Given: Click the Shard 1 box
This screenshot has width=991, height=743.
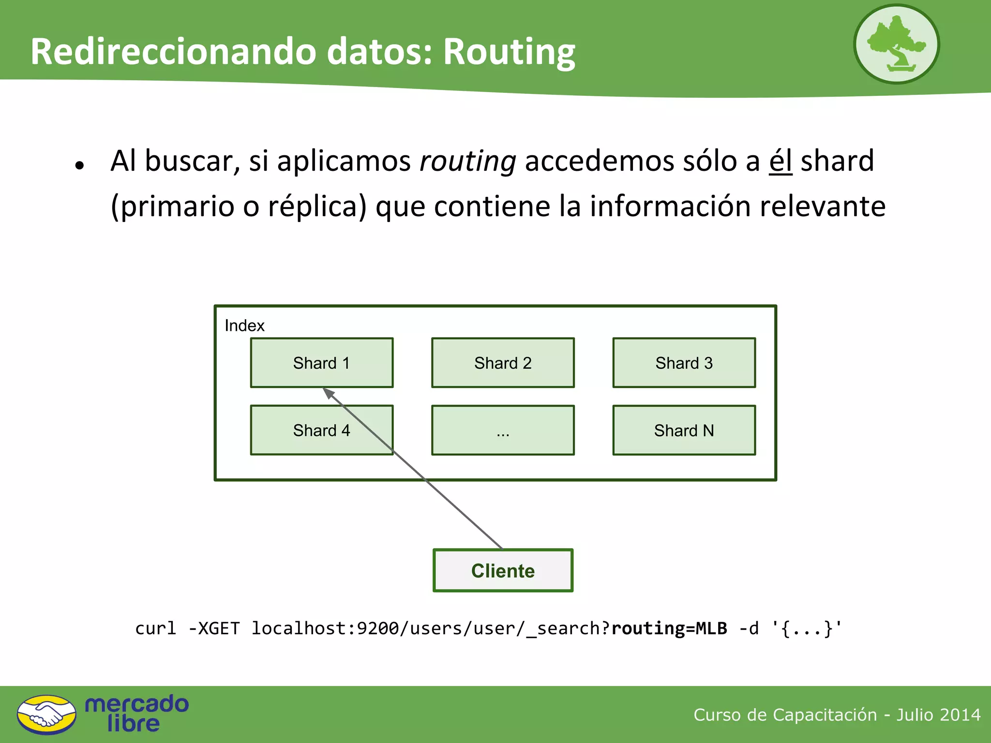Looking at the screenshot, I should click(x=321, y=363).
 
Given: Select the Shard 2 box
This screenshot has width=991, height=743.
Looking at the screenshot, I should click(x=503, y=363).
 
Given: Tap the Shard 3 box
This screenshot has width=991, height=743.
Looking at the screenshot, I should click(x=684, y=363).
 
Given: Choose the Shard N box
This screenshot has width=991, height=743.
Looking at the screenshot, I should click(x=684, y=430).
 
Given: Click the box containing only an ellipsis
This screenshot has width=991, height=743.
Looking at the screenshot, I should click(x=503, y=430).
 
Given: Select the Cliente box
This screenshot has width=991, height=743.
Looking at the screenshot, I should click(x=503, y=570).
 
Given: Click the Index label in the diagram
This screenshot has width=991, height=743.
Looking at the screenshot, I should click(x=244, y=326).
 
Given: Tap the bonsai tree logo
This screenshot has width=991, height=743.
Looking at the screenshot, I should click(x=896, y=45).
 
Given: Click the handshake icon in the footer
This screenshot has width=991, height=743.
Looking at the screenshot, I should click(x=46, y=714).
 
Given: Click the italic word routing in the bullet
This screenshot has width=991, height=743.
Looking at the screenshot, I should click(x=467, y=161).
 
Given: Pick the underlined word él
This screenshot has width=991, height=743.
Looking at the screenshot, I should click(x=780, y=161).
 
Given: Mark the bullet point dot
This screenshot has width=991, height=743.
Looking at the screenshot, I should click(x=80, y=165).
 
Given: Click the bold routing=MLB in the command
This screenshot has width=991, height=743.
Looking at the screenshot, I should click(x=669, y=628).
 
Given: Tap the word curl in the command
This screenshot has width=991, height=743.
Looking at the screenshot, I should click(x=155, y=628).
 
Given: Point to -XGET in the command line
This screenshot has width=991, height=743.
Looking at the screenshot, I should click(x=214, y=628).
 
